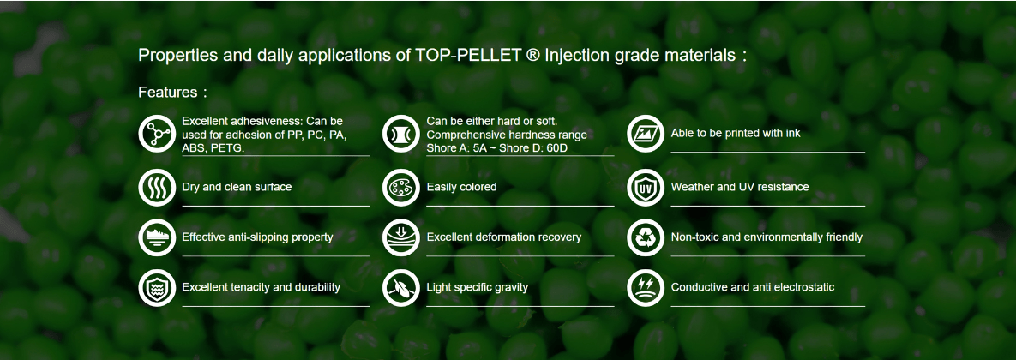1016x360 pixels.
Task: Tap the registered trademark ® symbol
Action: pos(532,55)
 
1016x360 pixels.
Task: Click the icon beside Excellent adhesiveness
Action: pos(157,134)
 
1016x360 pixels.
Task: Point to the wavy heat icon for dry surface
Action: pos(157,187)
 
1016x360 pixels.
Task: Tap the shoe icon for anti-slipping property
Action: pos(157,237)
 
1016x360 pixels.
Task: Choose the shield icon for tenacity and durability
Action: pos(157,287)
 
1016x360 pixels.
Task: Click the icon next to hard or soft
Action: pos(401,134)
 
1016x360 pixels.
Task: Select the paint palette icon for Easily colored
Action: pos(401,187)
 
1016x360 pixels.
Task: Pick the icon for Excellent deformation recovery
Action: pos(401,237)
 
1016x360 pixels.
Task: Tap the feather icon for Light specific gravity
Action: pos(401,287)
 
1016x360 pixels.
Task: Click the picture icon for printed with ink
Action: pos(646,134)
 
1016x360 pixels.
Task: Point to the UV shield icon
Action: pos(646,187)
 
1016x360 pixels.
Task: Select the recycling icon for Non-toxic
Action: pos(646,237)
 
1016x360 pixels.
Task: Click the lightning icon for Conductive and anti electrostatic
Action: pos(646,287)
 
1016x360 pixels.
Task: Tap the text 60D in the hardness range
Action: pos(568,149)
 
